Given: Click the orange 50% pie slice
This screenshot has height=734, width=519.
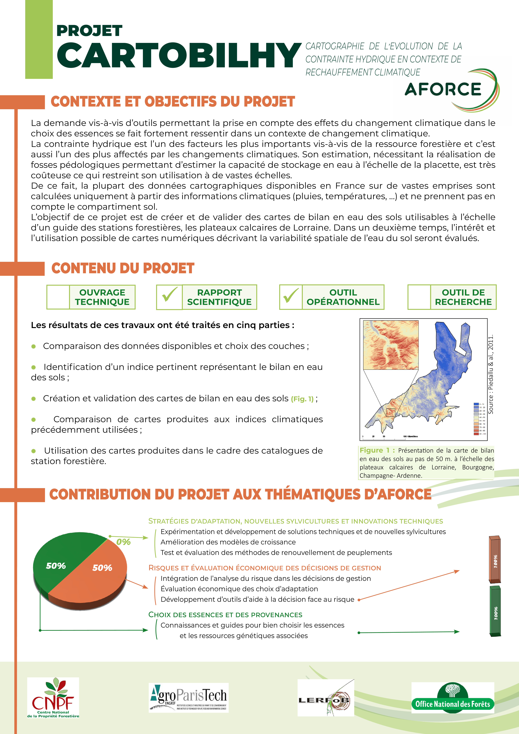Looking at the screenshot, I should (96, 572).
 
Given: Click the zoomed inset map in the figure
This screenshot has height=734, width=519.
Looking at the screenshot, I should (391, 345).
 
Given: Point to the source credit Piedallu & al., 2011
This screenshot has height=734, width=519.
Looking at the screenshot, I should (491, 374).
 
